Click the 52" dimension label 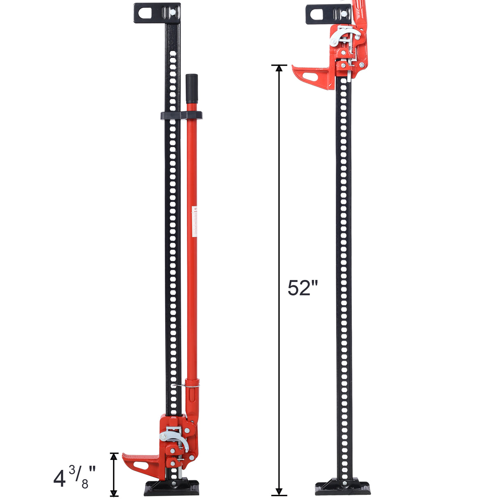[x=303, y=288]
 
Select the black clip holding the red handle [x=181, y=115]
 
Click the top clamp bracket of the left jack [x=157, y=12]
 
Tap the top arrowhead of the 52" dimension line [x=279, y=68]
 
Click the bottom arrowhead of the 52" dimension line [x=279, y=492]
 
